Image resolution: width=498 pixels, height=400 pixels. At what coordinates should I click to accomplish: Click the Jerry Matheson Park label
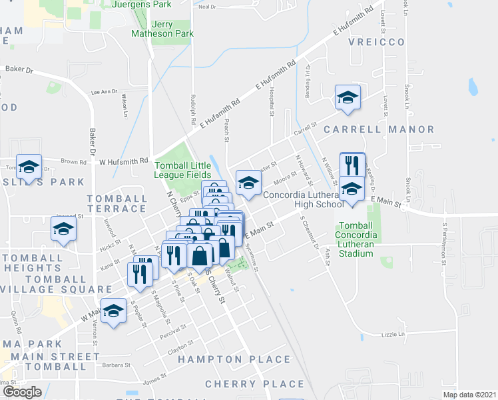(162, 28)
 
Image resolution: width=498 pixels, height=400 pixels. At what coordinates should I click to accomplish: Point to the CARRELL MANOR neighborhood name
(379, 129)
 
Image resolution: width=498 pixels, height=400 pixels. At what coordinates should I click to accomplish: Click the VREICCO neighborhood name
(377, 42)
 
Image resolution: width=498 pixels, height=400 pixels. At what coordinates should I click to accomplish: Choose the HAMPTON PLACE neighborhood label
(234, 359)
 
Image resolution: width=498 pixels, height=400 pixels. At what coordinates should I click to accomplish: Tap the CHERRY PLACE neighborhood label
(254, 384)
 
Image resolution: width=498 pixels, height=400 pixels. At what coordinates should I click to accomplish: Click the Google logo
(22, 392)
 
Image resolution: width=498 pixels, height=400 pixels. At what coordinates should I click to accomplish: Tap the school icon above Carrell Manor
(347, 98)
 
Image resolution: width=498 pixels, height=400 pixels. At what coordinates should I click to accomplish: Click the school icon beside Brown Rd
(28, 167)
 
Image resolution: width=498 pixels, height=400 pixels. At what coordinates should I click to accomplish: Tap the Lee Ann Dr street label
(104, 91)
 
